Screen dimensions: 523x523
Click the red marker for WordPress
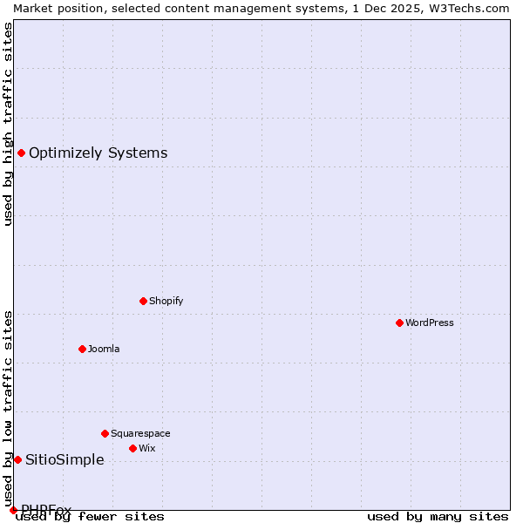(399, 323)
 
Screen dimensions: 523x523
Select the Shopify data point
(143, 301)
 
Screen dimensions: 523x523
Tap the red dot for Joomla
(82, 349)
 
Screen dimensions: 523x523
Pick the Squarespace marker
(105, 433)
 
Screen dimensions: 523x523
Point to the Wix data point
(132, 448)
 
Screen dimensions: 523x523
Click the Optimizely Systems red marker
(21, 153)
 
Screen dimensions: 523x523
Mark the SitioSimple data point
(17, 459)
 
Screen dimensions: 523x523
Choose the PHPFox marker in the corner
(13, 510)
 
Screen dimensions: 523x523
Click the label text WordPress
(430, 323)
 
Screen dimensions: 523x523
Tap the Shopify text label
(166, 301)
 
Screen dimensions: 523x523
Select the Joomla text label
(104, 349)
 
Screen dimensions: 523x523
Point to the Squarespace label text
(140, 433)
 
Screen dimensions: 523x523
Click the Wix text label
(147, 448)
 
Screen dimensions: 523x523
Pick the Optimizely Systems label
(98, 153)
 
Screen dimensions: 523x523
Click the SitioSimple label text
(65, 459)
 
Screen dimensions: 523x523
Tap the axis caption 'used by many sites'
(438, 516)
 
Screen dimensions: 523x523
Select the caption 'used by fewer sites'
(90, 516)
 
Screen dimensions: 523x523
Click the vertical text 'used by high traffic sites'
(8, 124)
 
